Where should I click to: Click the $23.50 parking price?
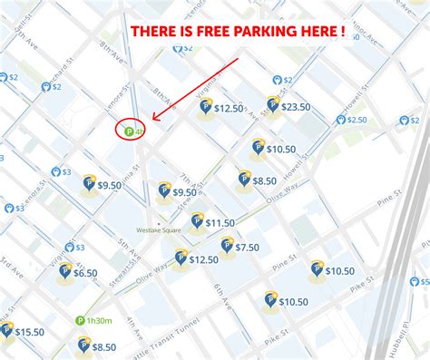pos(296,106)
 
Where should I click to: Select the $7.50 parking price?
pos(247,247)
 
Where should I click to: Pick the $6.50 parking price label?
pos(85,272)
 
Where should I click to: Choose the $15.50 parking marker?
pos(29,332)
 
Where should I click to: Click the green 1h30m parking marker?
pos(94,320)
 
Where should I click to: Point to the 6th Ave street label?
pos(221,300)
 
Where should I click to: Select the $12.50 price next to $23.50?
pos(228,108)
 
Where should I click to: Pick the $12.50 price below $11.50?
pos(203,259)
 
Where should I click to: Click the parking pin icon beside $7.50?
pos(227,245)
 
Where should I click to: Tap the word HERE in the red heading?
pos(325,32)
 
